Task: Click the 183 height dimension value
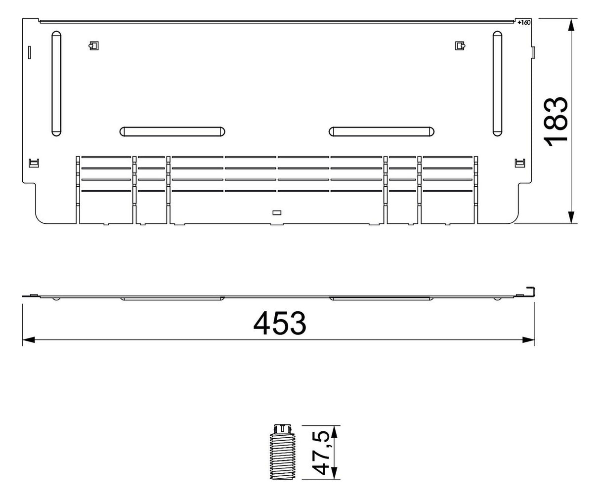click(x=555, y=122)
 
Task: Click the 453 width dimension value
click(x=280, y=323)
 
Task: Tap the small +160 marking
click(x=524, y=22)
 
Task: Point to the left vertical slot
click(x=56, y=83)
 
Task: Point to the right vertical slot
click(x=497, y=83)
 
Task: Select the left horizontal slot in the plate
click(x=172, y=131)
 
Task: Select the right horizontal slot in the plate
click(x=382, y=131)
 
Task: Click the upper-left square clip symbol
click(x=94, y=45)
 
